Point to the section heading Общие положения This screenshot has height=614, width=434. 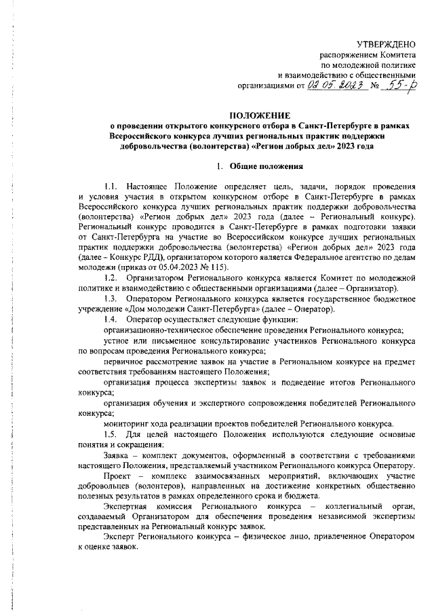[x=261, y=166]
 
